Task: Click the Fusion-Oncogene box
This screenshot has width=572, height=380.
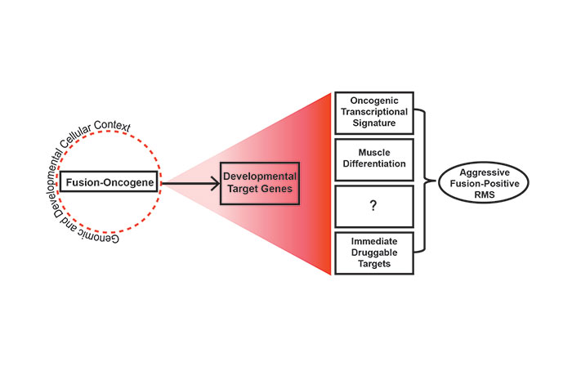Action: coord(112,184)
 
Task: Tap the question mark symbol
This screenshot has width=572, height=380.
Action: coord(373,207)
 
